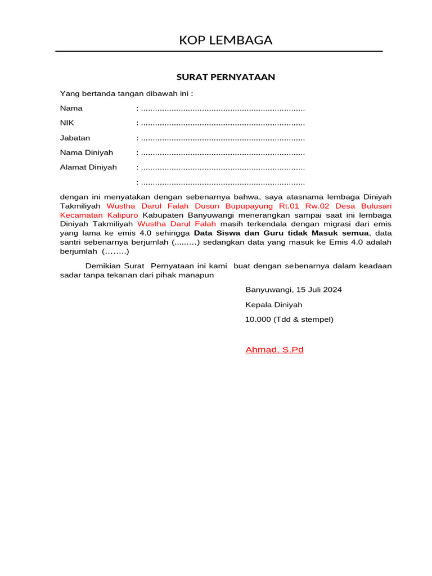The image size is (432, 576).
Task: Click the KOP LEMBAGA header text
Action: [226, 40]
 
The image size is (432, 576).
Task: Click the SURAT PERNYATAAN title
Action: [226, 77]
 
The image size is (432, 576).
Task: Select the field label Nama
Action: [71, 108]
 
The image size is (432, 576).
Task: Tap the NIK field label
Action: [67, 123]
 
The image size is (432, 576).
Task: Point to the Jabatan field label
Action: [75, 138]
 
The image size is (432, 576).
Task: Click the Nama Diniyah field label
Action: [87, 152]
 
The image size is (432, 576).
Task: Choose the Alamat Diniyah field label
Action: [88, 167]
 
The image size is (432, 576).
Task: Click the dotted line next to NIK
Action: [223, 123]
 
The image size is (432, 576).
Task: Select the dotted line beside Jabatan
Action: [223, 138]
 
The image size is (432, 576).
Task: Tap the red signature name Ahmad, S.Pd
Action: [274, 350]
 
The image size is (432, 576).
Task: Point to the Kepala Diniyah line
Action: [274, 305]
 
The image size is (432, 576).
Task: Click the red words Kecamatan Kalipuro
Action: [99, 215]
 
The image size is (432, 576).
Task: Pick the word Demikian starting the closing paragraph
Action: [103, 266]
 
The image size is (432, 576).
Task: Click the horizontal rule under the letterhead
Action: [219, 51]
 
